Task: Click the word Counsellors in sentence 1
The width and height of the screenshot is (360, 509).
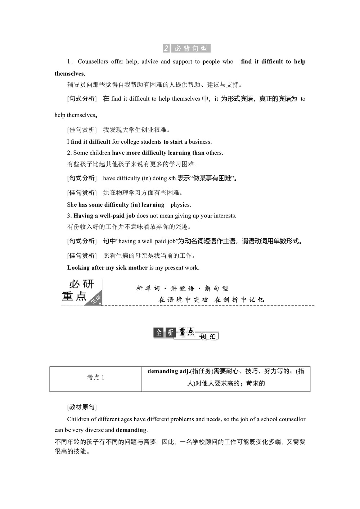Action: point(93,62)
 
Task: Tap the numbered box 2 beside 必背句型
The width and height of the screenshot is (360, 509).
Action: point(166,48)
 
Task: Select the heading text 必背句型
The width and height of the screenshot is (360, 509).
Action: point(191,48)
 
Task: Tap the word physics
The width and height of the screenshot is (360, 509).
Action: point(181,205)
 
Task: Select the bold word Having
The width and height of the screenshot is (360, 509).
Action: point(83,216)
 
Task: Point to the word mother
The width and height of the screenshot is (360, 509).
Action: point(137,268)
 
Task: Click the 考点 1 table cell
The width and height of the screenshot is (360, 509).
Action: point(96,378)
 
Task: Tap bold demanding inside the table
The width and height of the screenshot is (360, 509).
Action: point(163,371)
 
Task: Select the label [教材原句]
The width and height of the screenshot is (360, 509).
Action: point(82,407)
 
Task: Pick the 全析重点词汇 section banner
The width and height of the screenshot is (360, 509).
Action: point(186,333)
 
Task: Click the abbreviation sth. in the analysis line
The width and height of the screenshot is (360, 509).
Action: point(172,178)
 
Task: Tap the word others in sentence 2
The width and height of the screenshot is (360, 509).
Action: point(214,153)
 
